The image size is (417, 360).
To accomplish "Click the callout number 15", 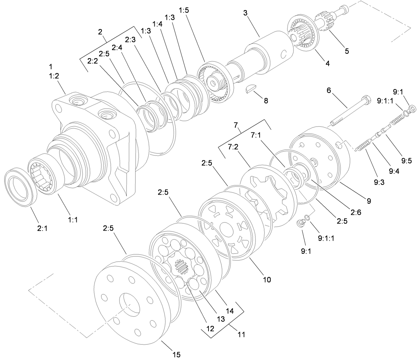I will (x=177, y=354).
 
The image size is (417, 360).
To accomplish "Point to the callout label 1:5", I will (x=184, y=10).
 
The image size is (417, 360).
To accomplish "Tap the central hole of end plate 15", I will (x=129, y=304).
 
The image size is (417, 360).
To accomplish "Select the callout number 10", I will (x=267, y=280).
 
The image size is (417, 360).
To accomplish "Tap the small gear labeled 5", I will (x=324, y=24).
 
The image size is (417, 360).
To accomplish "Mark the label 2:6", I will (x=356, y=212).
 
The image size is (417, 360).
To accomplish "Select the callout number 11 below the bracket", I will (x=241, y=334).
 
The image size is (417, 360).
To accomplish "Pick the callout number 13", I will (x=221, y=319).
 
